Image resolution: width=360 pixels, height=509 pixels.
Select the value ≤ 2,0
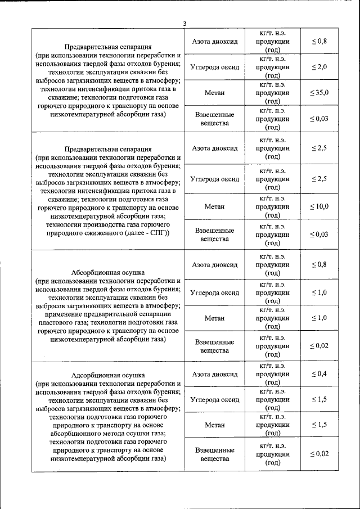coord(319,67)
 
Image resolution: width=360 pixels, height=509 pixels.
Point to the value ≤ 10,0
coord(319,207)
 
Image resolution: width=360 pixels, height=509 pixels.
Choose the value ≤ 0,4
coord(319,374)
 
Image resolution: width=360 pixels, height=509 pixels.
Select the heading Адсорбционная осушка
coord(108,375)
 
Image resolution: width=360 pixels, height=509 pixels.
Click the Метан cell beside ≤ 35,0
coord(214,93)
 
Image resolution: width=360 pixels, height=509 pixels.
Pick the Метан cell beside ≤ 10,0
coord(214,207)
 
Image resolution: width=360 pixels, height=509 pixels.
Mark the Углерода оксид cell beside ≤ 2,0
coord(214,67)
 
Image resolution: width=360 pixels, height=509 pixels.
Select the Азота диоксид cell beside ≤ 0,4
coord(214,374)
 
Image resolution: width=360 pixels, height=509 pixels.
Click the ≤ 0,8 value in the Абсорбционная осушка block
coord(319,264)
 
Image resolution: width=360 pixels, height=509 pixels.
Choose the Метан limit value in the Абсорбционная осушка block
coord(319,318)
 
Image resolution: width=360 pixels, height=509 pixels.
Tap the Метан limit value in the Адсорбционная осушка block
coord(319,425)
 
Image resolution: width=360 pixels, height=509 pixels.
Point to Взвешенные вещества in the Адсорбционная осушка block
coord(214,454)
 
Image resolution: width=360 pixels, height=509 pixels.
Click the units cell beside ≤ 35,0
coord(273,93)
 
